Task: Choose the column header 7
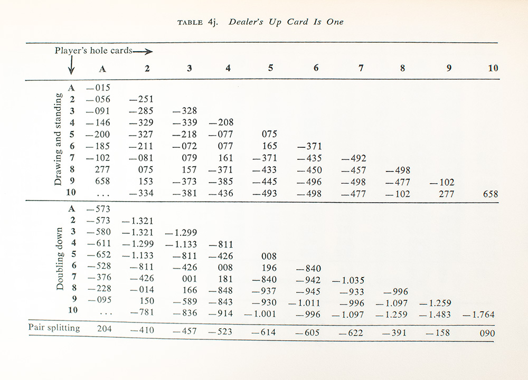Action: pyautogui.click(x=361, y=68)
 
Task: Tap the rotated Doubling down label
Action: pyautogui.click(x=60, y=259)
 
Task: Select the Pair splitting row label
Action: pyautogui.click(x=54, y=328)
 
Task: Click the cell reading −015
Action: pyautogui.click(x=98, y=88)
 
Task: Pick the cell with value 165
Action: pyautogui.click(x=270, y=146)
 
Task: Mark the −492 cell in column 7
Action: pyautogui.click(x=353, y=158)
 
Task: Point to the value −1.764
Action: pyautogui.click(x=478, y=315)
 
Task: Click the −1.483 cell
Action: pyautogui.click(x=436, y=315)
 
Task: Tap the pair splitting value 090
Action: pyautogui.click(x=487, y=334)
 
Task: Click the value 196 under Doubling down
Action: pyautogui.click(x=270, y=268)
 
